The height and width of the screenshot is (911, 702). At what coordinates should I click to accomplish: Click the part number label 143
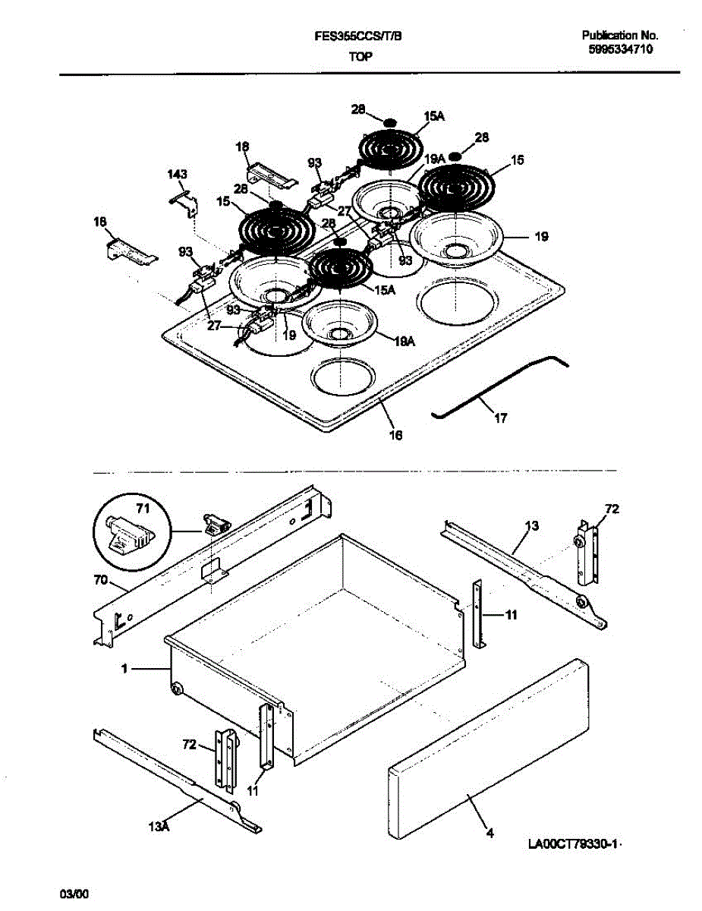click(177, 175)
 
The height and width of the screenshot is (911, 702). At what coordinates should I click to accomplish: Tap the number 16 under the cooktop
click(395, 435)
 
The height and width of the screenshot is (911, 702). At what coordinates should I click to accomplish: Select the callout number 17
click(500, 418)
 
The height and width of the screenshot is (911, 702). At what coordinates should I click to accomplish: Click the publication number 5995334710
click(620, 49)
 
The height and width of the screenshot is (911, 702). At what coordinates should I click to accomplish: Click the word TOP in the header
click(360, 56)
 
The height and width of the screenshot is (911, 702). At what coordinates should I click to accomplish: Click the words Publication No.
click(620, 35)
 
